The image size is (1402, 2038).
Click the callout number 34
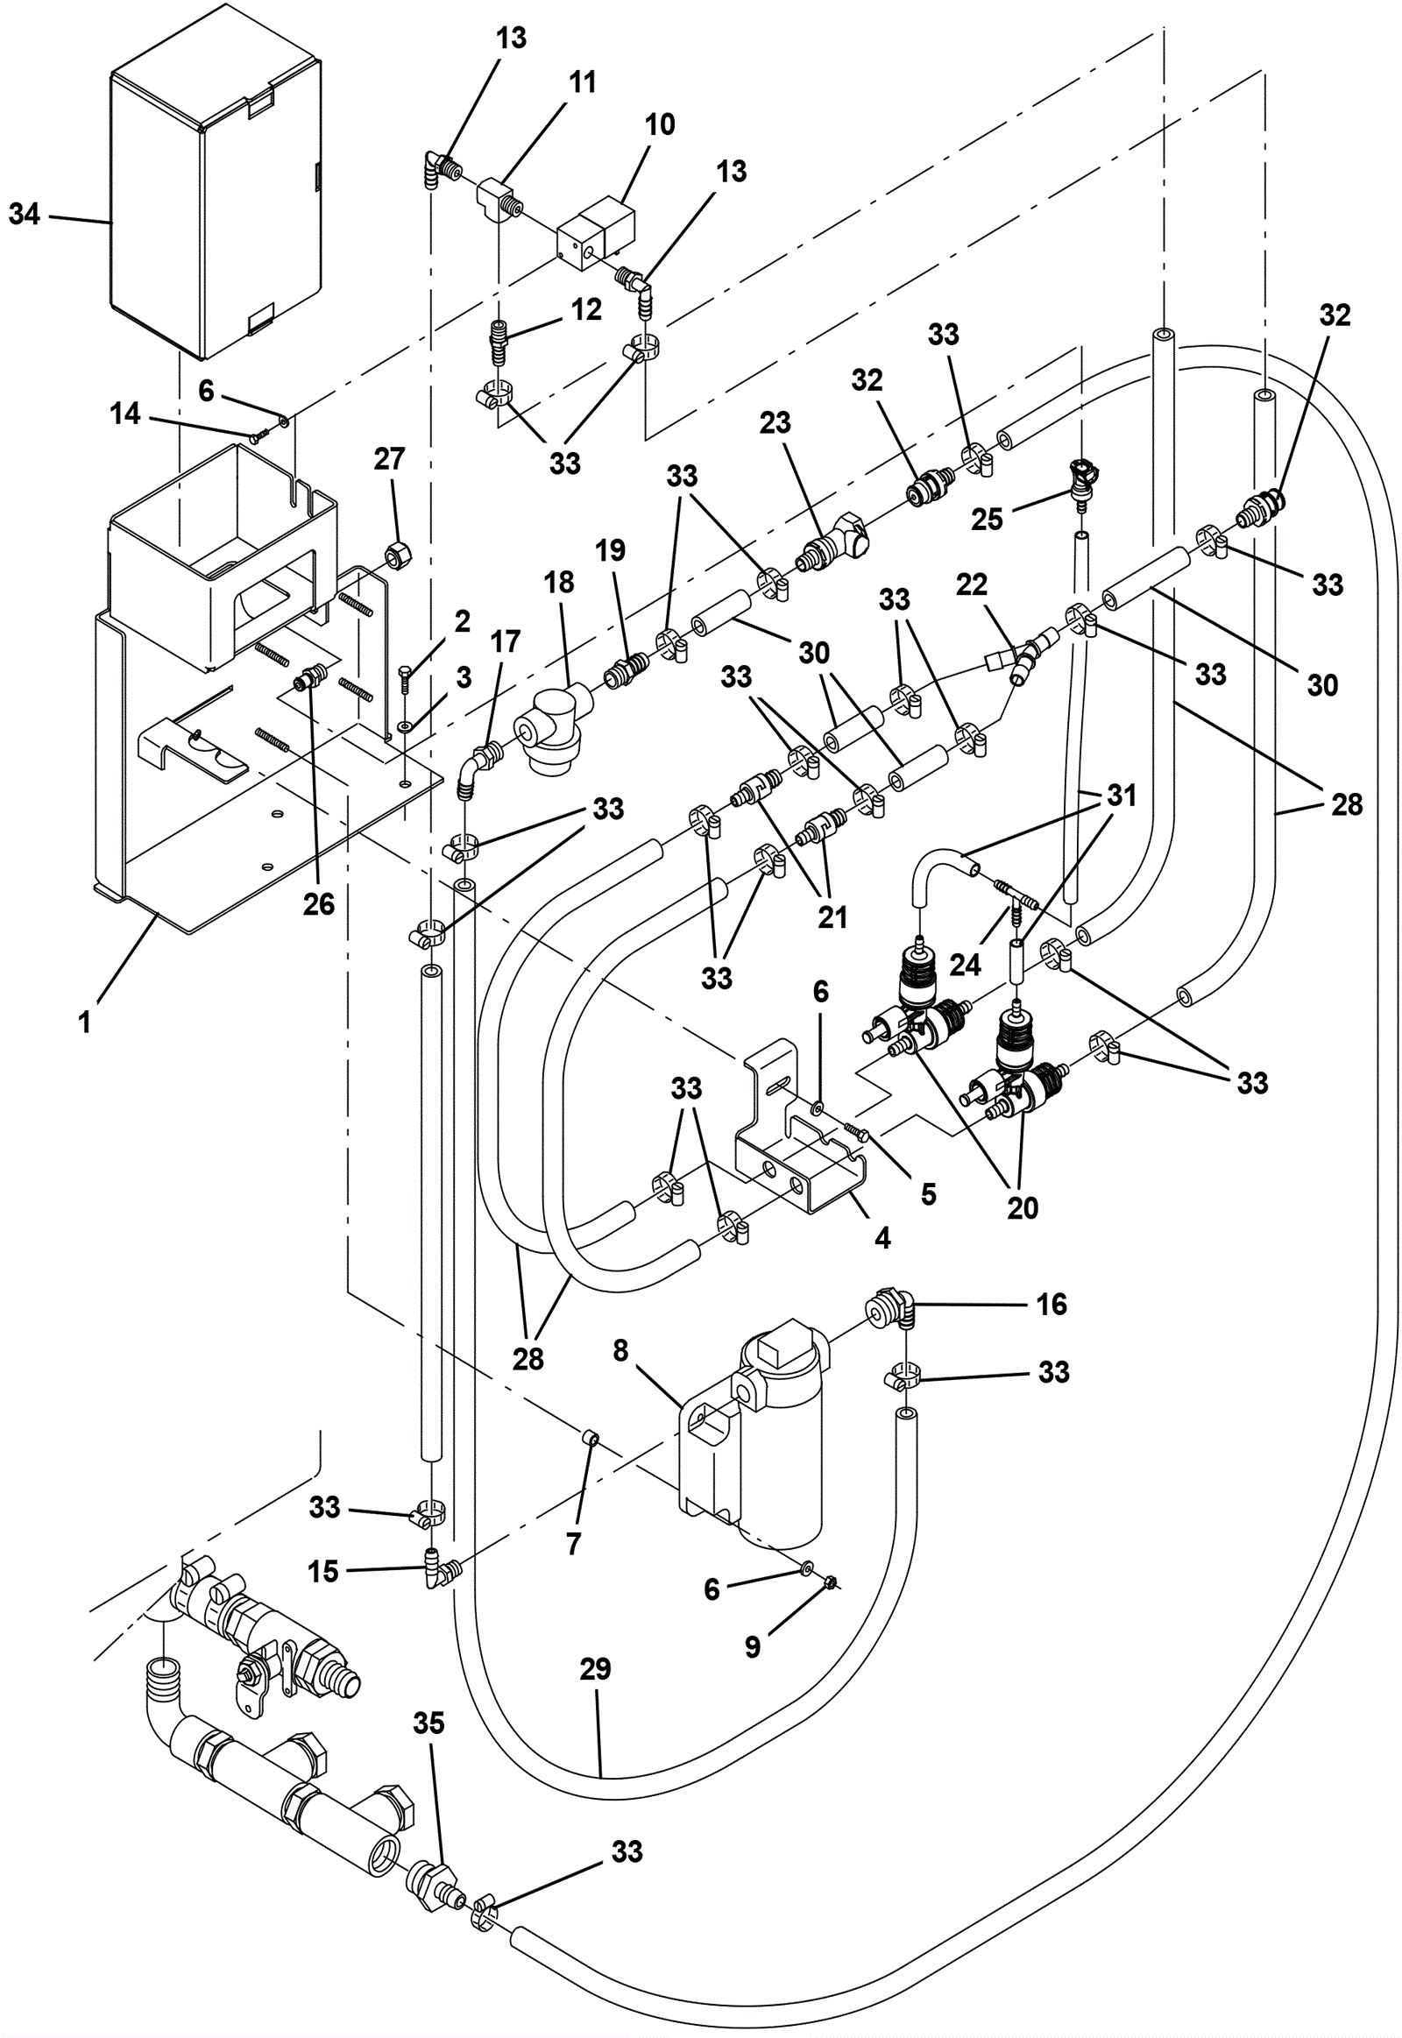click(x=24, y=214)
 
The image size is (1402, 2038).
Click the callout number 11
click(x=582, y=81)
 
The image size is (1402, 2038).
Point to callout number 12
click(x=586, y=309)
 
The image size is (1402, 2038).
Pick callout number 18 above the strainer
click(x=559, y=582)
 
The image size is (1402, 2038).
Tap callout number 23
click(x=775, y=422)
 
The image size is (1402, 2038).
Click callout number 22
click(x=972, y=584)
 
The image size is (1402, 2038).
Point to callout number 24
click(x=965, y=965)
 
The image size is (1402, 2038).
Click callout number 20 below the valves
click(x=1023, y=1208)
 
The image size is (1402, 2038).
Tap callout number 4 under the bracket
click(x=883, y=1238)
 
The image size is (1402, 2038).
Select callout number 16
click(x=1051, y=1305)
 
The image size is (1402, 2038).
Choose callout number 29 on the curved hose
click(x=595, y=1669)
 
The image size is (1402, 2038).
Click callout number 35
click(x=428, y=1723)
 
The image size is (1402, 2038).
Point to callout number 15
click(x=323, y=1571)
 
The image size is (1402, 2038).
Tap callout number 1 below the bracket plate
click(x=84, y=1022)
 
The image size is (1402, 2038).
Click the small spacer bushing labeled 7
click(x=591, y=1440)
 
